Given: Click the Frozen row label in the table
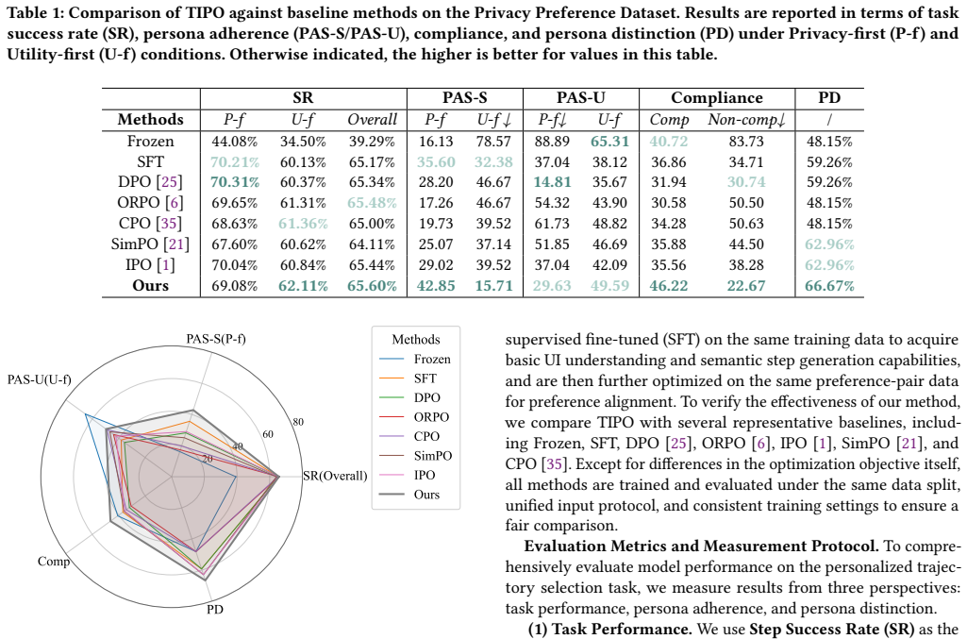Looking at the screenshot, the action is point(151,142).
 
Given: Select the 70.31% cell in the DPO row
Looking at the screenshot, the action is point(234,182).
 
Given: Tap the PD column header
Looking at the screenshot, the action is point(829,98).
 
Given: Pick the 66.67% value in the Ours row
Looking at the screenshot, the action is point(829,286).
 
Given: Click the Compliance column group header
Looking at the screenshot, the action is point(717,98).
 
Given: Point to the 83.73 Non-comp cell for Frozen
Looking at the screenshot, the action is point(746,142).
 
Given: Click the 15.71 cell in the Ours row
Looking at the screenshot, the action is point(493,286).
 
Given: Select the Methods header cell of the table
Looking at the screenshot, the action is point(151,119).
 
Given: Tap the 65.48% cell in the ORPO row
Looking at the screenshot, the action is point(372,203).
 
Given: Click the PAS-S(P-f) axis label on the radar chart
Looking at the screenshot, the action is point(216,339).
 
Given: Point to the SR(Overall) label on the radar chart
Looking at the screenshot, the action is point(335,476).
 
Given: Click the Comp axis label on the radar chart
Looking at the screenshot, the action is point(54,562).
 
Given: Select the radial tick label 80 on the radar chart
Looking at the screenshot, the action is point(298,422).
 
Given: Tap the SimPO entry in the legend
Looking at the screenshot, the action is point(432,456).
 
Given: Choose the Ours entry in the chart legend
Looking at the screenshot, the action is point(426,495).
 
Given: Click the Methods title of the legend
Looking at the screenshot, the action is point(416,340).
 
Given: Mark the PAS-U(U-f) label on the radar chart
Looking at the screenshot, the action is point(39,379).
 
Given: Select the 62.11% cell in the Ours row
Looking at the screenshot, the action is point(303,286).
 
